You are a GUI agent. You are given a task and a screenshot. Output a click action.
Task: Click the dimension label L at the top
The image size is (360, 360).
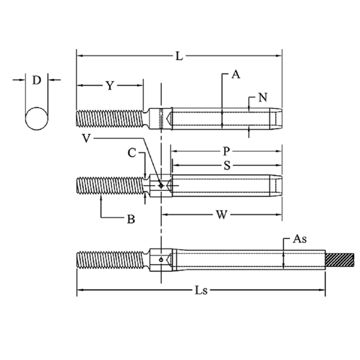point(179,56)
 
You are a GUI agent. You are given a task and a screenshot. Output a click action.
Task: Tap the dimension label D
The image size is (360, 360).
point(37,80)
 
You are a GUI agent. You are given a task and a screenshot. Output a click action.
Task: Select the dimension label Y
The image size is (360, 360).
point(110,86)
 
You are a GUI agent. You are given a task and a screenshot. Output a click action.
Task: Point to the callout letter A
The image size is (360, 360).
point(236,75)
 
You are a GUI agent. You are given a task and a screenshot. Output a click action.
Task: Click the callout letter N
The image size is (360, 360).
point(263,98)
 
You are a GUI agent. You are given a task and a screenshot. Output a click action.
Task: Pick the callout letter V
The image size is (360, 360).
point(86,139)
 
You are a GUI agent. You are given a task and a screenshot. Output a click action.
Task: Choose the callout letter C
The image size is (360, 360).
point(132,153)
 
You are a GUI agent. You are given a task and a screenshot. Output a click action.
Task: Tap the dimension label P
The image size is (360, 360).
point(226,151)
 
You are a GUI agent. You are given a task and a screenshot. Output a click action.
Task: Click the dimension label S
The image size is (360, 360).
point(227,165)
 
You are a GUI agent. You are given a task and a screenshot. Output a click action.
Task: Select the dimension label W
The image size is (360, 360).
point(221,215)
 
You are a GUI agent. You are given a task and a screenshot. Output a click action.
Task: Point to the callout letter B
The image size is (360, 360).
point(131,219)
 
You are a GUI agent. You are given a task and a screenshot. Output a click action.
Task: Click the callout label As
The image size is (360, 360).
point(300,239)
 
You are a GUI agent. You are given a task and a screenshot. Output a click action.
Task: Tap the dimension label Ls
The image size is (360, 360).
point(201,290)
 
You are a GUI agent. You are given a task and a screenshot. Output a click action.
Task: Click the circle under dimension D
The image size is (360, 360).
point(37,119)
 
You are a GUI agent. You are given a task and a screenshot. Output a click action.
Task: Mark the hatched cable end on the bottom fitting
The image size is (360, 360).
point(340,260)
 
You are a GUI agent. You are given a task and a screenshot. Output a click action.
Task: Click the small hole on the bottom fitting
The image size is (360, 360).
point(161,260)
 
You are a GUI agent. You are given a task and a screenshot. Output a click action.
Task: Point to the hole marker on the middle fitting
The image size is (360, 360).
point(161,185)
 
